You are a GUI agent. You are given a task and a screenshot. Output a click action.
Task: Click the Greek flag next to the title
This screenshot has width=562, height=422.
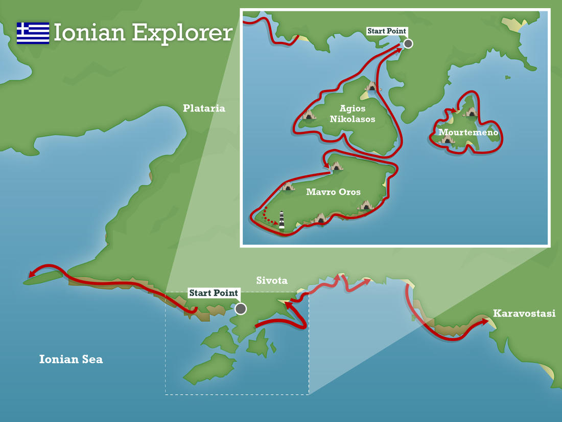(33, 33)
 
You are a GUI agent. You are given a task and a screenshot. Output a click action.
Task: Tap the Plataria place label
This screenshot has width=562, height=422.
(204, 108)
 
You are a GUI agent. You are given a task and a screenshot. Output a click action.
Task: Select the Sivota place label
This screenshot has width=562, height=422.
(272, 280)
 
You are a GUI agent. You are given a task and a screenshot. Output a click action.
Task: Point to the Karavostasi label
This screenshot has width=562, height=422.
(524, 314)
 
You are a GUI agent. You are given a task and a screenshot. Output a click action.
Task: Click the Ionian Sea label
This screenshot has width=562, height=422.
(71, 359)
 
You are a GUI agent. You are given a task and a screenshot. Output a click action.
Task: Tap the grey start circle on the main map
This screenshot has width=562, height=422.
(240, 309)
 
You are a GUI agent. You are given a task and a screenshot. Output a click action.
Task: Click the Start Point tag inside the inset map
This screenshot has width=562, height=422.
(387, 31)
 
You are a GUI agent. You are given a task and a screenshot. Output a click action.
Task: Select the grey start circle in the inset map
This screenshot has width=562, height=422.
(408, 44)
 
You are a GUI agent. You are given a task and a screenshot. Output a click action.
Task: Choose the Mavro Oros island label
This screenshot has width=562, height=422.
(333, 192)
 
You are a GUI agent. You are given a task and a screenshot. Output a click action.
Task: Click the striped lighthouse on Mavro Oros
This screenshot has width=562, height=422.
(282, 219)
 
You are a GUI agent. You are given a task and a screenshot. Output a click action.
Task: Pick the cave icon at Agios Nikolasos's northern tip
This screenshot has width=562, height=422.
(371, 86)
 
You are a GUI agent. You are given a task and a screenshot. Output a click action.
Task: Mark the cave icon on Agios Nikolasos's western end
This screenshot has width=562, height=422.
(309, 115)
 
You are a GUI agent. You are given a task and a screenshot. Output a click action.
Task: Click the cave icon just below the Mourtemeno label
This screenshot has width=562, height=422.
(448, 139)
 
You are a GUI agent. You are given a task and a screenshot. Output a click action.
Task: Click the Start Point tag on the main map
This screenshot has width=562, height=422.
(214, 293)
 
